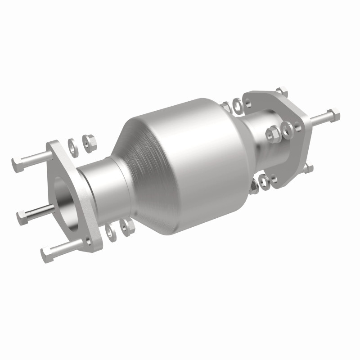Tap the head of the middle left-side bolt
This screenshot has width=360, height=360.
(x=22, y=219)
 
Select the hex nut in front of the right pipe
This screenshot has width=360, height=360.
(x=272, y=133)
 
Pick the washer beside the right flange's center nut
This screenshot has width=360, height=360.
(x=287, y=130)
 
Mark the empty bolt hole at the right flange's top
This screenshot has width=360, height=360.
(x=251, y=98)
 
